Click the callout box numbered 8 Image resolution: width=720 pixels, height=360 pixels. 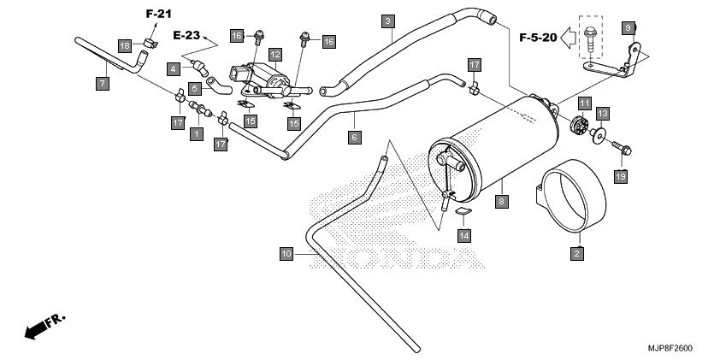[x=502, y=201]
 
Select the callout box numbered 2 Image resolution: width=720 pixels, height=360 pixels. [x=577, y=253]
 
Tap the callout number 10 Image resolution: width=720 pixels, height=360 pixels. [x=286, y=253]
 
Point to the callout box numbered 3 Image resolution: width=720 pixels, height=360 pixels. [x=388, y=21]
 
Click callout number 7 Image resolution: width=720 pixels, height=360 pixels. [x=103, y=84]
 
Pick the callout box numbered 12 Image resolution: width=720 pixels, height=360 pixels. [x=275, y=55]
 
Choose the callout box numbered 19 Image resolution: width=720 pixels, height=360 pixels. [x=621, y=176]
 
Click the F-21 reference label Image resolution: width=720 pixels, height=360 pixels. [x=159, y=14]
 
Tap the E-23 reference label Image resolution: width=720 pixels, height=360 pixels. [x=187, y=35]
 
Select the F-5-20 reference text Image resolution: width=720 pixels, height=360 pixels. [x=538, y=37]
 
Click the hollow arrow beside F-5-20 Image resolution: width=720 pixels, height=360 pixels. [x=569, y=38]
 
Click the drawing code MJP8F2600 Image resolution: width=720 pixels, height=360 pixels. [x=670, y=348]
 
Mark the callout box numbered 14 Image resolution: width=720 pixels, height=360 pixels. [x=464, y=235]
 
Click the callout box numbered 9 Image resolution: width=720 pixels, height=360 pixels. [x=629, y=28]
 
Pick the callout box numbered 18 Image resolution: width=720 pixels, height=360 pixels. [x=125, y=46]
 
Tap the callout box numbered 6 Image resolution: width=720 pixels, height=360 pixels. [x=355, y=138]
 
